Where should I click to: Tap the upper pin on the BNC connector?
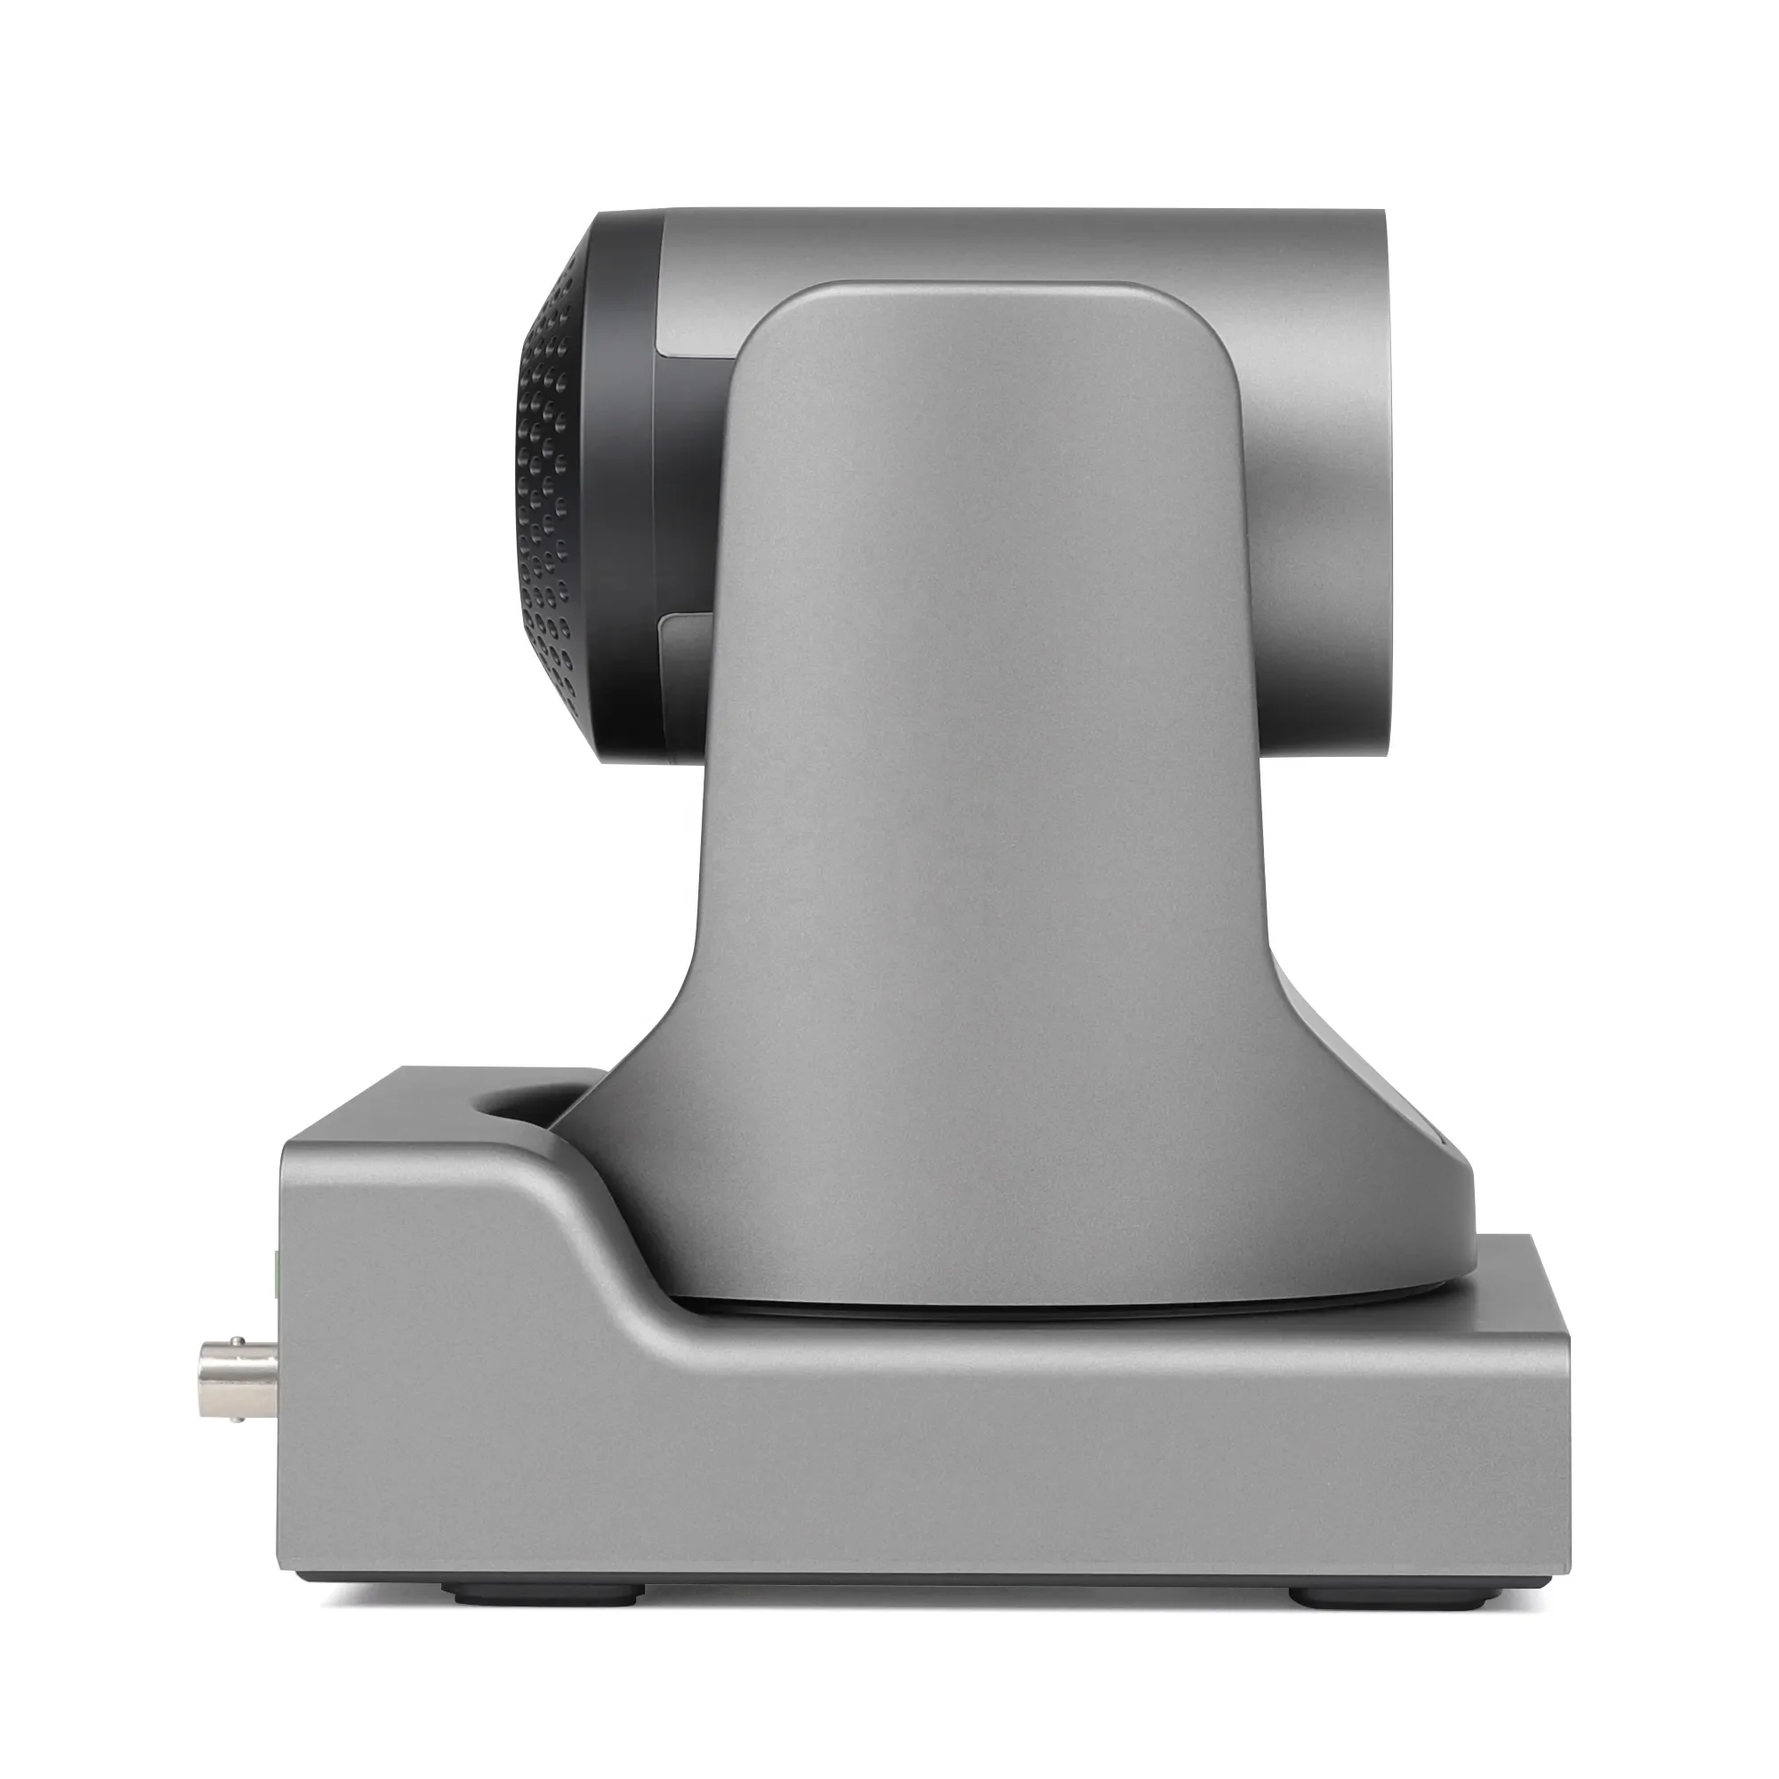coord(237,1340)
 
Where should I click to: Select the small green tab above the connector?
coord(278,1271)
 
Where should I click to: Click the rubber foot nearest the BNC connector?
coord(543,1591)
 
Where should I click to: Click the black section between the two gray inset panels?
coord(686,488)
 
